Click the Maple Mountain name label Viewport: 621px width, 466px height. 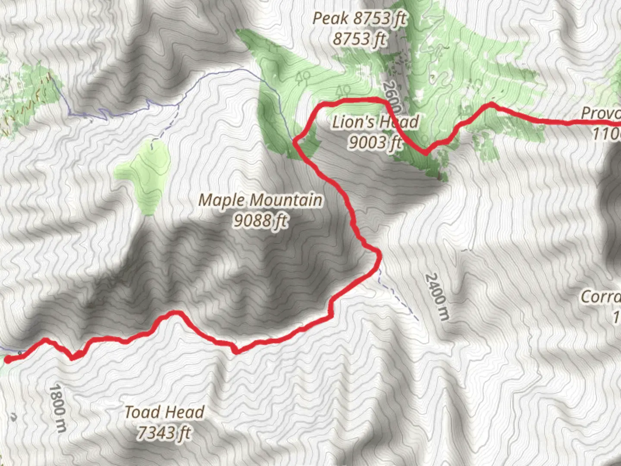260,200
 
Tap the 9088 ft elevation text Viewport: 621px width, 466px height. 260,221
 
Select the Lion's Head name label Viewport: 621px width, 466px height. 375,122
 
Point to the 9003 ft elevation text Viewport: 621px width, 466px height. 375,142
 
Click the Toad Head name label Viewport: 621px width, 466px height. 164,412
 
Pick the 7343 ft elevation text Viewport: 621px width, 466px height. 164,432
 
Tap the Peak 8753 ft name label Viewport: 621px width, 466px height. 359,19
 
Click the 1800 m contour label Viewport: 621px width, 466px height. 58,408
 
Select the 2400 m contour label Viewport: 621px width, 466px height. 437,296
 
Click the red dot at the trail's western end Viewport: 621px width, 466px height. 8,359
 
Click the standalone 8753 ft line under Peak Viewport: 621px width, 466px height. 359,39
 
